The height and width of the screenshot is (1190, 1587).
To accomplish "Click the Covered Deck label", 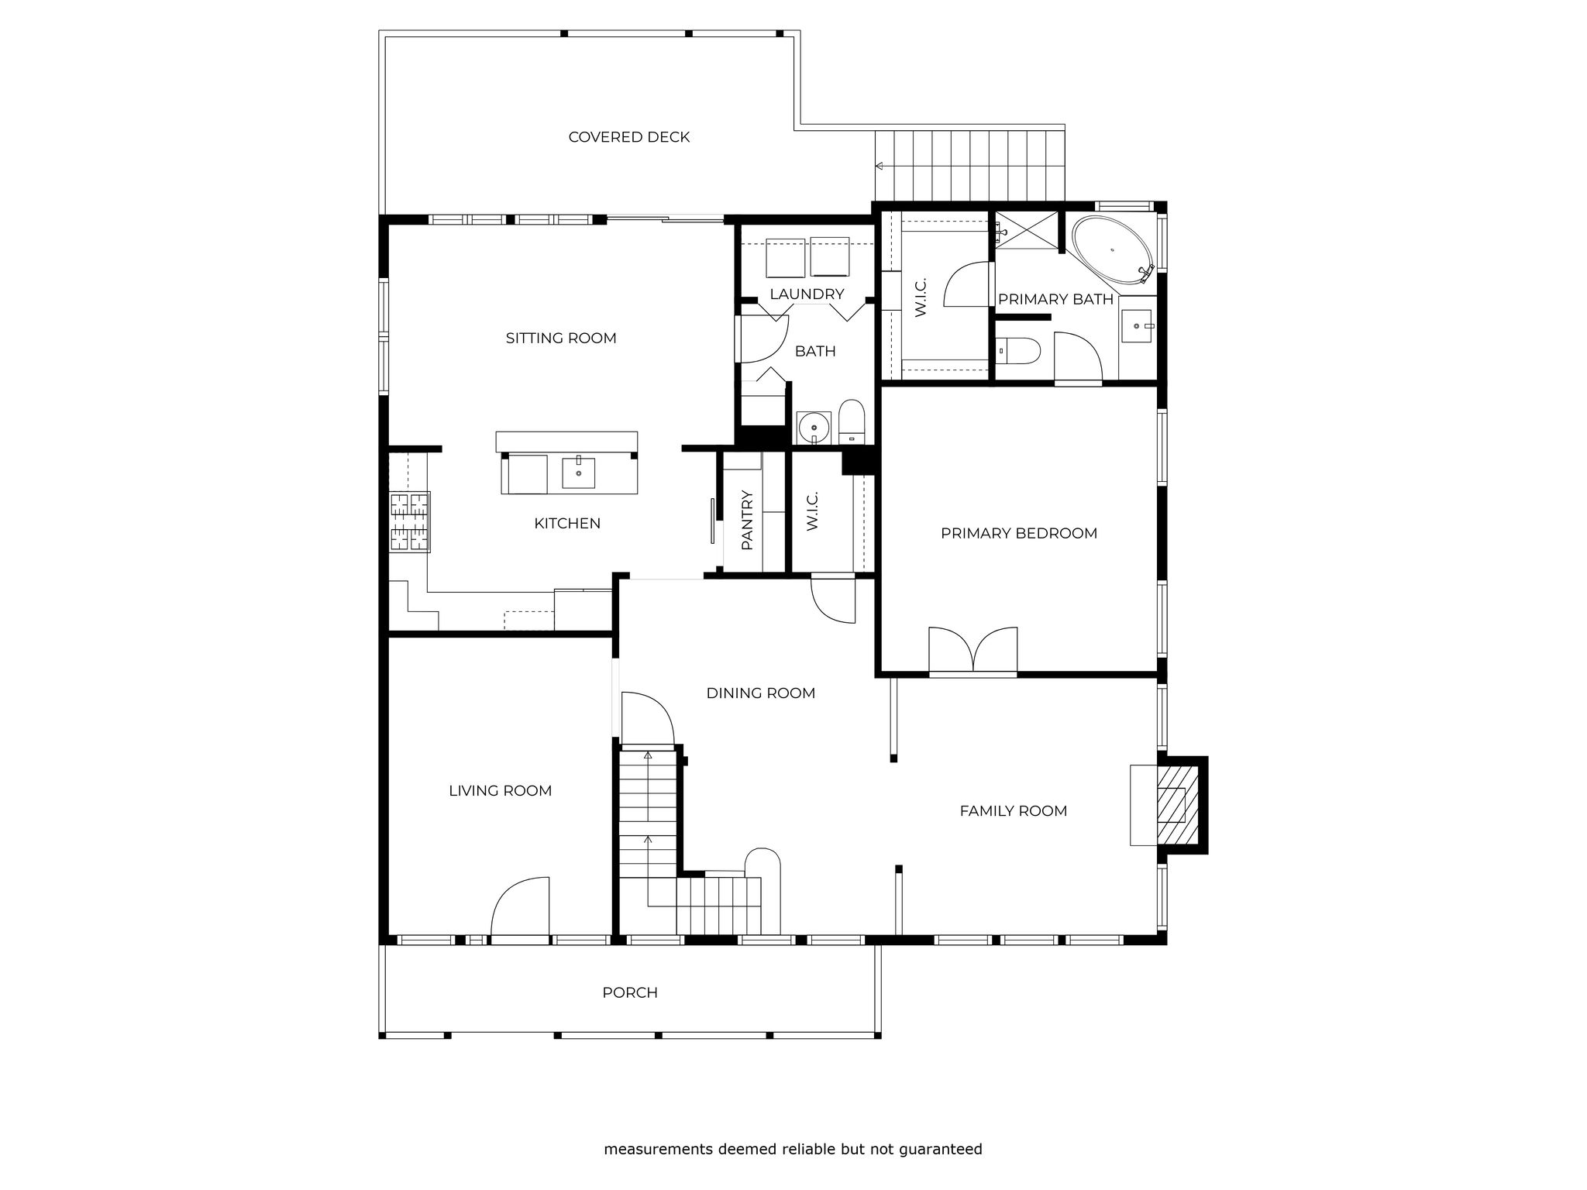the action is click(x=628, y=137).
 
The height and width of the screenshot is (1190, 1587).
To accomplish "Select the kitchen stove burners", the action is click(x=409, y=522).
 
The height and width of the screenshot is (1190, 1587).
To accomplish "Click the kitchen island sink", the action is click(x=578, y=473).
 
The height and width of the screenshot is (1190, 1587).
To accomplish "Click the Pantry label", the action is click(x=747, y=520).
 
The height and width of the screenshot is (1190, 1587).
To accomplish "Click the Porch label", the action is click(x=630, y=992).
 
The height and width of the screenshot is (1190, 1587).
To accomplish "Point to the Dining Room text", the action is click(x=761, y=693).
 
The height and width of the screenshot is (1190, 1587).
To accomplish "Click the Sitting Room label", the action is click(x=561, y=338).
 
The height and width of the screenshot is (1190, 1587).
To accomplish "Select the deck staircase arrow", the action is click(x=880, y=166).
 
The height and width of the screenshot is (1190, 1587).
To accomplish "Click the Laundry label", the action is click(x=807, y=294).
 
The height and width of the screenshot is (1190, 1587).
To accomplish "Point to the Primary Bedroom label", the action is click(x=1019, y=533).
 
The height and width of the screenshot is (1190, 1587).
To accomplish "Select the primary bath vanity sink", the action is click(x=1137, y=325).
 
